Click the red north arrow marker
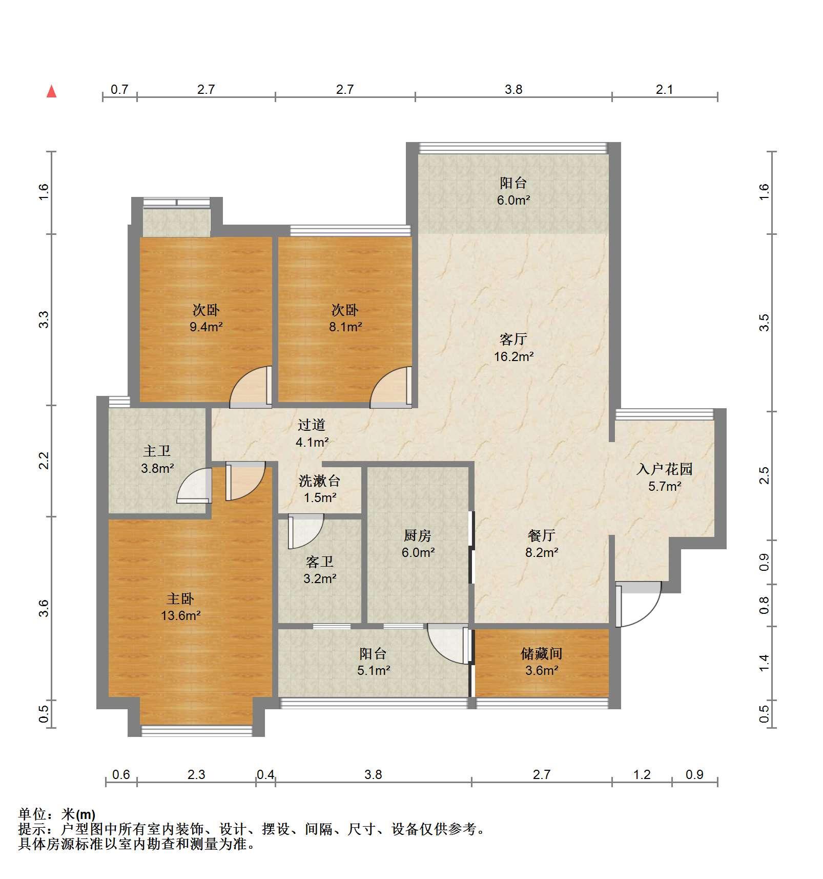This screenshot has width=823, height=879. click(51, 91)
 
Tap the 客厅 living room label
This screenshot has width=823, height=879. click(513, 339)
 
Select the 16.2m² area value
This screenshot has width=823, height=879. click(513, 356)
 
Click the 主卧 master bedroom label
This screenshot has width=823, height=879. click(180, 598)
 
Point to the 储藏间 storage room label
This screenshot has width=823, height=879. click(542, 653)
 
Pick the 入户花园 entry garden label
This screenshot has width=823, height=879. click(664, 469)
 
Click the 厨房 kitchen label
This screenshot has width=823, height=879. click(418, 535)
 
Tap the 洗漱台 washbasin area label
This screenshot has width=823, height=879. click(320, 481)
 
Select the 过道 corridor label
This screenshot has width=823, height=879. click(312, 425)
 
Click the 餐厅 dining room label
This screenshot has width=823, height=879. click(542, 535)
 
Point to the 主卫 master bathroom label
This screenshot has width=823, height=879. click(157, 451)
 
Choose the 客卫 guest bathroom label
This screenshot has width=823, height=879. click(320, 562)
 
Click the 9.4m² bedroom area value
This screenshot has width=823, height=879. click(206, 327)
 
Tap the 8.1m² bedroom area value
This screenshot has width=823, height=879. click(345, 327)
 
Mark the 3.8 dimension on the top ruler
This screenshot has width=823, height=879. click(513, 90)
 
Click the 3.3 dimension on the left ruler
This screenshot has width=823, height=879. click(45, 319)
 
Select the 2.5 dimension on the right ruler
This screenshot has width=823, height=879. click(765, 475)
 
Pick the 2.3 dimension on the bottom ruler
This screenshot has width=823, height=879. click(196, 774)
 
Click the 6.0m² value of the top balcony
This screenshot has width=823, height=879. click(513, 200)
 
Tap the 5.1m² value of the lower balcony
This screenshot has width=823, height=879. click(374, 670)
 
